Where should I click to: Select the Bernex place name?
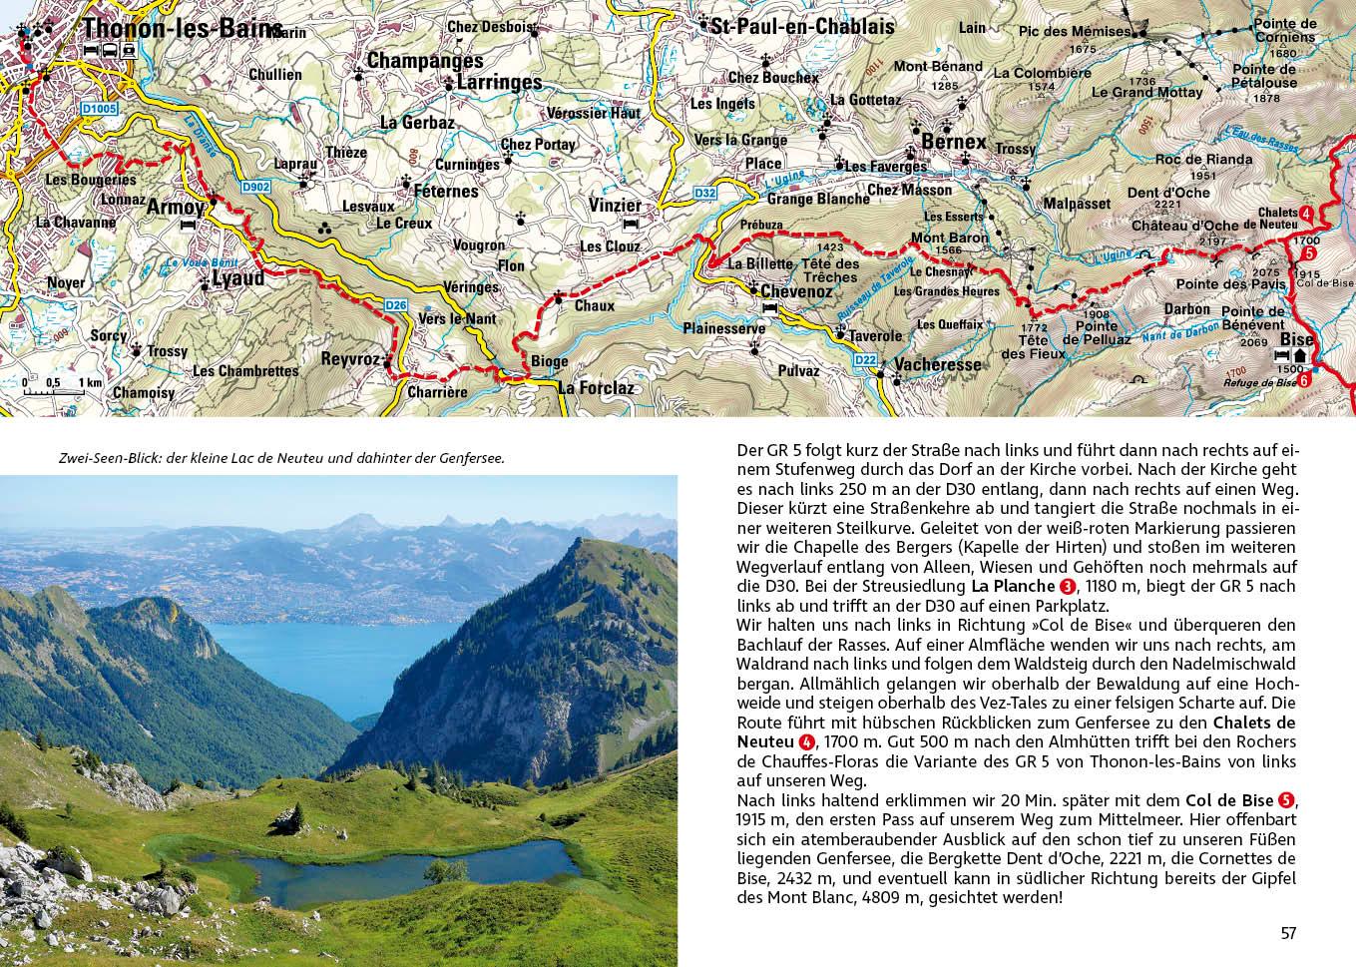point(953,142)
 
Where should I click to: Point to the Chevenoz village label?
point(795,290)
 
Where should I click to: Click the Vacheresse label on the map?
point(937,365)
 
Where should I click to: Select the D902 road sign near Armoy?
point(255,187)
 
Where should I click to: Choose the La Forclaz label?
point(596,388)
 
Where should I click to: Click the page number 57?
point(1288,933)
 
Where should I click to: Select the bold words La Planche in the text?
point(1012,586)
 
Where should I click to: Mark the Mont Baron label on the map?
point(950,238)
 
